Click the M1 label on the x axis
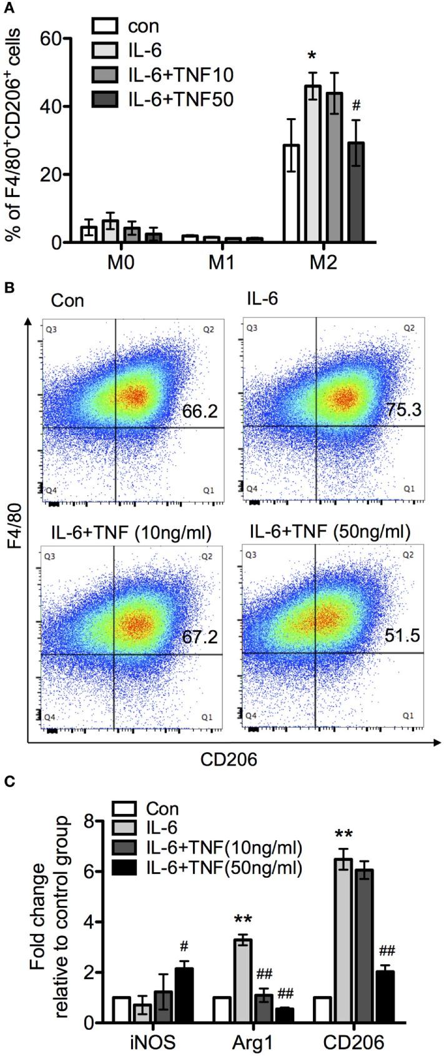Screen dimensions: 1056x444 tap(221, 262)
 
